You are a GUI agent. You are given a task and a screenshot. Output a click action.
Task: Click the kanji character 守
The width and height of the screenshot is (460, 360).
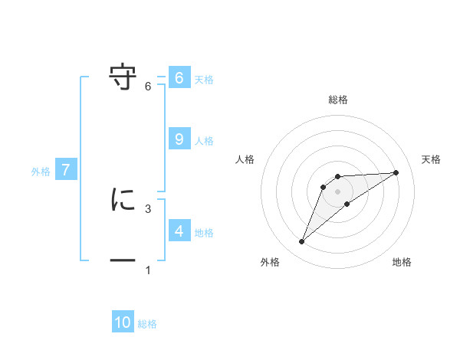123,77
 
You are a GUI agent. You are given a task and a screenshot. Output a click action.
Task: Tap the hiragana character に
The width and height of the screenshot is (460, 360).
123,200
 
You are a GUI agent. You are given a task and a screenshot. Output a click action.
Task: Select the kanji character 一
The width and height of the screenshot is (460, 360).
123,261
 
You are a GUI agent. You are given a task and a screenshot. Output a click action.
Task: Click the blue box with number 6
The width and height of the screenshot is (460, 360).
179,78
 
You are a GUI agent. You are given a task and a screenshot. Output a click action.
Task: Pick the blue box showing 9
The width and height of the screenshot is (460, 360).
179,139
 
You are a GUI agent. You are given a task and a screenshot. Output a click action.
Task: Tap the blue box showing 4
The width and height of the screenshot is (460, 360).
179,231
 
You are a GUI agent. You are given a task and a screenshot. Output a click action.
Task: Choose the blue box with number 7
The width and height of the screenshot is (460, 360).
66,170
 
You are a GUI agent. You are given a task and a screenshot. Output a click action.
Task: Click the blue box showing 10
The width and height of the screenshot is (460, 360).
123,322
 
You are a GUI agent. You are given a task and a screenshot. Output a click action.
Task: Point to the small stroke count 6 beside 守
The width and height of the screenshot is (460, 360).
148,86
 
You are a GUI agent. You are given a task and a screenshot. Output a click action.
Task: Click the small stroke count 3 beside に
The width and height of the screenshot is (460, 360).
148,208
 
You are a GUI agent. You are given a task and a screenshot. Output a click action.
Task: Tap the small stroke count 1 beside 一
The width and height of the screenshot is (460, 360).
148,270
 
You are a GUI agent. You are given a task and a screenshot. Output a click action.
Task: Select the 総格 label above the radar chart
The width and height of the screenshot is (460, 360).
338,100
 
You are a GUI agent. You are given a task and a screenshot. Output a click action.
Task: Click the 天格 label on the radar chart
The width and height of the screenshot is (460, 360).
432,159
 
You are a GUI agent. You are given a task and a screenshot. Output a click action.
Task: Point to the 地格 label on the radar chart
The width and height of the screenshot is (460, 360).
402,263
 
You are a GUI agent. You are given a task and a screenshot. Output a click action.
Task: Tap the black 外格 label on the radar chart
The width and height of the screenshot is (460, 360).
270,263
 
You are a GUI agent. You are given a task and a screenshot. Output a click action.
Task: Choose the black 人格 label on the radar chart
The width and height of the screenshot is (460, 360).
245,159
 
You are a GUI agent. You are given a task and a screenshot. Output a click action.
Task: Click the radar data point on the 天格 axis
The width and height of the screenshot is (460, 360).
396,172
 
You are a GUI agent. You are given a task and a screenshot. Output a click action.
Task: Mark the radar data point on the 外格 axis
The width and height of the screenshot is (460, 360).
302,242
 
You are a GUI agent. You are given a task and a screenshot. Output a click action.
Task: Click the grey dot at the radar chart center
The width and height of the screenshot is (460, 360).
338,191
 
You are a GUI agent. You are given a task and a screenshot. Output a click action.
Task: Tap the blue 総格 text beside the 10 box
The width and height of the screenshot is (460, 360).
147,324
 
